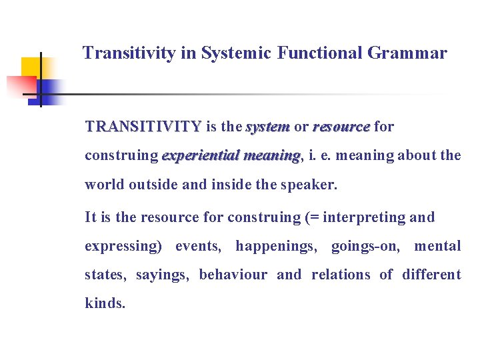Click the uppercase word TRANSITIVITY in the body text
pyautogui.click(x=143, y=127)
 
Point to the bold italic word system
pyautogui.click(x=267, y=127)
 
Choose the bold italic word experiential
pyautogui.click(x=200, y=156)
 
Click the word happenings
pyautogui.click(x=277, y=246)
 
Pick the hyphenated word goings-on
pyautogui.click(x=366, y=246)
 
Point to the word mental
pyautogui.click(x=437, y=246)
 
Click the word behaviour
pyautogui.click(x=233, y=275)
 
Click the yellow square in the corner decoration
pyautogui.click(x=31, y=67)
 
